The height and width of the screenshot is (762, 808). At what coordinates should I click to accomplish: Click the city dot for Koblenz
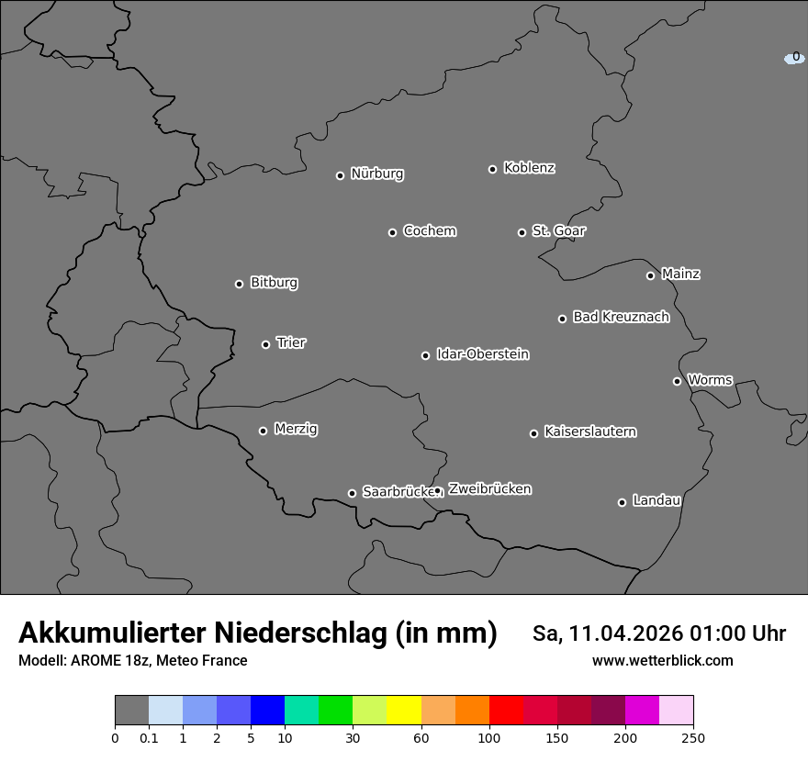coord(492,169)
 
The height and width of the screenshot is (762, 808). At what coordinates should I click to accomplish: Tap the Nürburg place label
coord(377,174)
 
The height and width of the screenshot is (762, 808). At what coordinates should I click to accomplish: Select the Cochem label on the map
coord(430,230)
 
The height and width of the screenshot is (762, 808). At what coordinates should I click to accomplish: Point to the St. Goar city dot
coord(522,233)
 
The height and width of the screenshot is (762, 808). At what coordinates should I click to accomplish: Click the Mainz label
coord(680,274)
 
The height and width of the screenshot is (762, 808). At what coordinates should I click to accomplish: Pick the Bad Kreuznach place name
coord(621,317)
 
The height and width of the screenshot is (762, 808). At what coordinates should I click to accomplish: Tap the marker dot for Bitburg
coord(239,284)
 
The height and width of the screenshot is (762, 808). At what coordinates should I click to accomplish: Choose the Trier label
coord(291,342)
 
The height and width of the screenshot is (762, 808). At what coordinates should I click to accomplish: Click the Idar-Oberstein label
coord(483,353)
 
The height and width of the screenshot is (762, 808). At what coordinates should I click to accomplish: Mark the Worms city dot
coord(677,381)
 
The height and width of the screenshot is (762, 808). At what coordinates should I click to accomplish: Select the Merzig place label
coord(296,429)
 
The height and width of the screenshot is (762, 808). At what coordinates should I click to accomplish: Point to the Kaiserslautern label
coord(590,431)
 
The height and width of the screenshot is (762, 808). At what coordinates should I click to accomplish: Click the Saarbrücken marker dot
coord(352,493)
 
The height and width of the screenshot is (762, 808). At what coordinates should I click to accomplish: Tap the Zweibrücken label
coord(489,488)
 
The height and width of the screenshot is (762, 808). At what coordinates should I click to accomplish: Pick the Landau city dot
coord(622,502)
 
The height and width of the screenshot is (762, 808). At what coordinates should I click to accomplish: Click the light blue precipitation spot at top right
coord(794,58)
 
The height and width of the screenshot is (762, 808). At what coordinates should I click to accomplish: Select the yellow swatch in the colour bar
coord(404,711)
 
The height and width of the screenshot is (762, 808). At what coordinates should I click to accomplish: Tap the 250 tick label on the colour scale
coord(692,738)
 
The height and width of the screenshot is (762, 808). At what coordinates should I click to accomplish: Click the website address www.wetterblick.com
coord(662,660)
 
